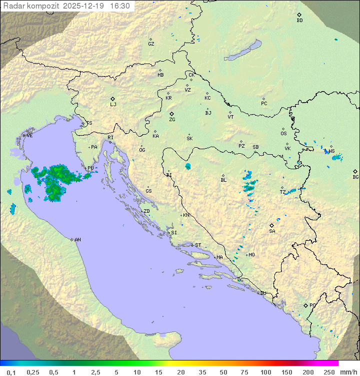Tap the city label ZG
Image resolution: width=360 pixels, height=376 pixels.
point(172,120)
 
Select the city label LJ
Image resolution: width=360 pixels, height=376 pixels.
point(113,105)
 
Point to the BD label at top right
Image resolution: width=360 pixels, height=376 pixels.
point(299,21)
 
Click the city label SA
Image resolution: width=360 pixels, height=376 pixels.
point(272,231)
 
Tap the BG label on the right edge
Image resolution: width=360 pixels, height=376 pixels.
point(355,177)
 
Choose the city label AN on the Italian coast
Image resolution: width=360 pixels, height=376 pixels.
point(77,240)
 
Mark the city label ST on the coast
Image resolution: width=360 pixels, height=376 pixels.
point(198,245)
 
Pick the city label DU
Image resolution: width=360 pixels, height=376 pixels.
point(262,293)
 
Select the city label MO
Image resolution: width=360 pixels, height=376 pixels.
point(251,254)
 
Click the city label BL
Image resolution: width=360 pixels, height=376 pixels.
point(223,180)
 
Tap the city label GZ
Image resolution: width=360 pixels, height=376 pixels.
point(151,44)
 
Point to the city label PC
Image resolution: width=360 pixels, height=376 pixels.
point(264,103)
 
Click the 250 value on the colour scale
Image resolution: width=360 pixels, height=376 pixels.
point(329,372)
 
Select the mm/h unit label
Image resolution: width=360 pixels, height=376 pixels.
point(347,372)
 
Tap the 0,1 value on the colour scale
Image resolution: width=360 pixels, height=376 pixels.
point(11,372)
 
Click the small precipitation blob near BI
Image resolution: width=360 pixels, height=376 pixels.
point(188,166)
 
